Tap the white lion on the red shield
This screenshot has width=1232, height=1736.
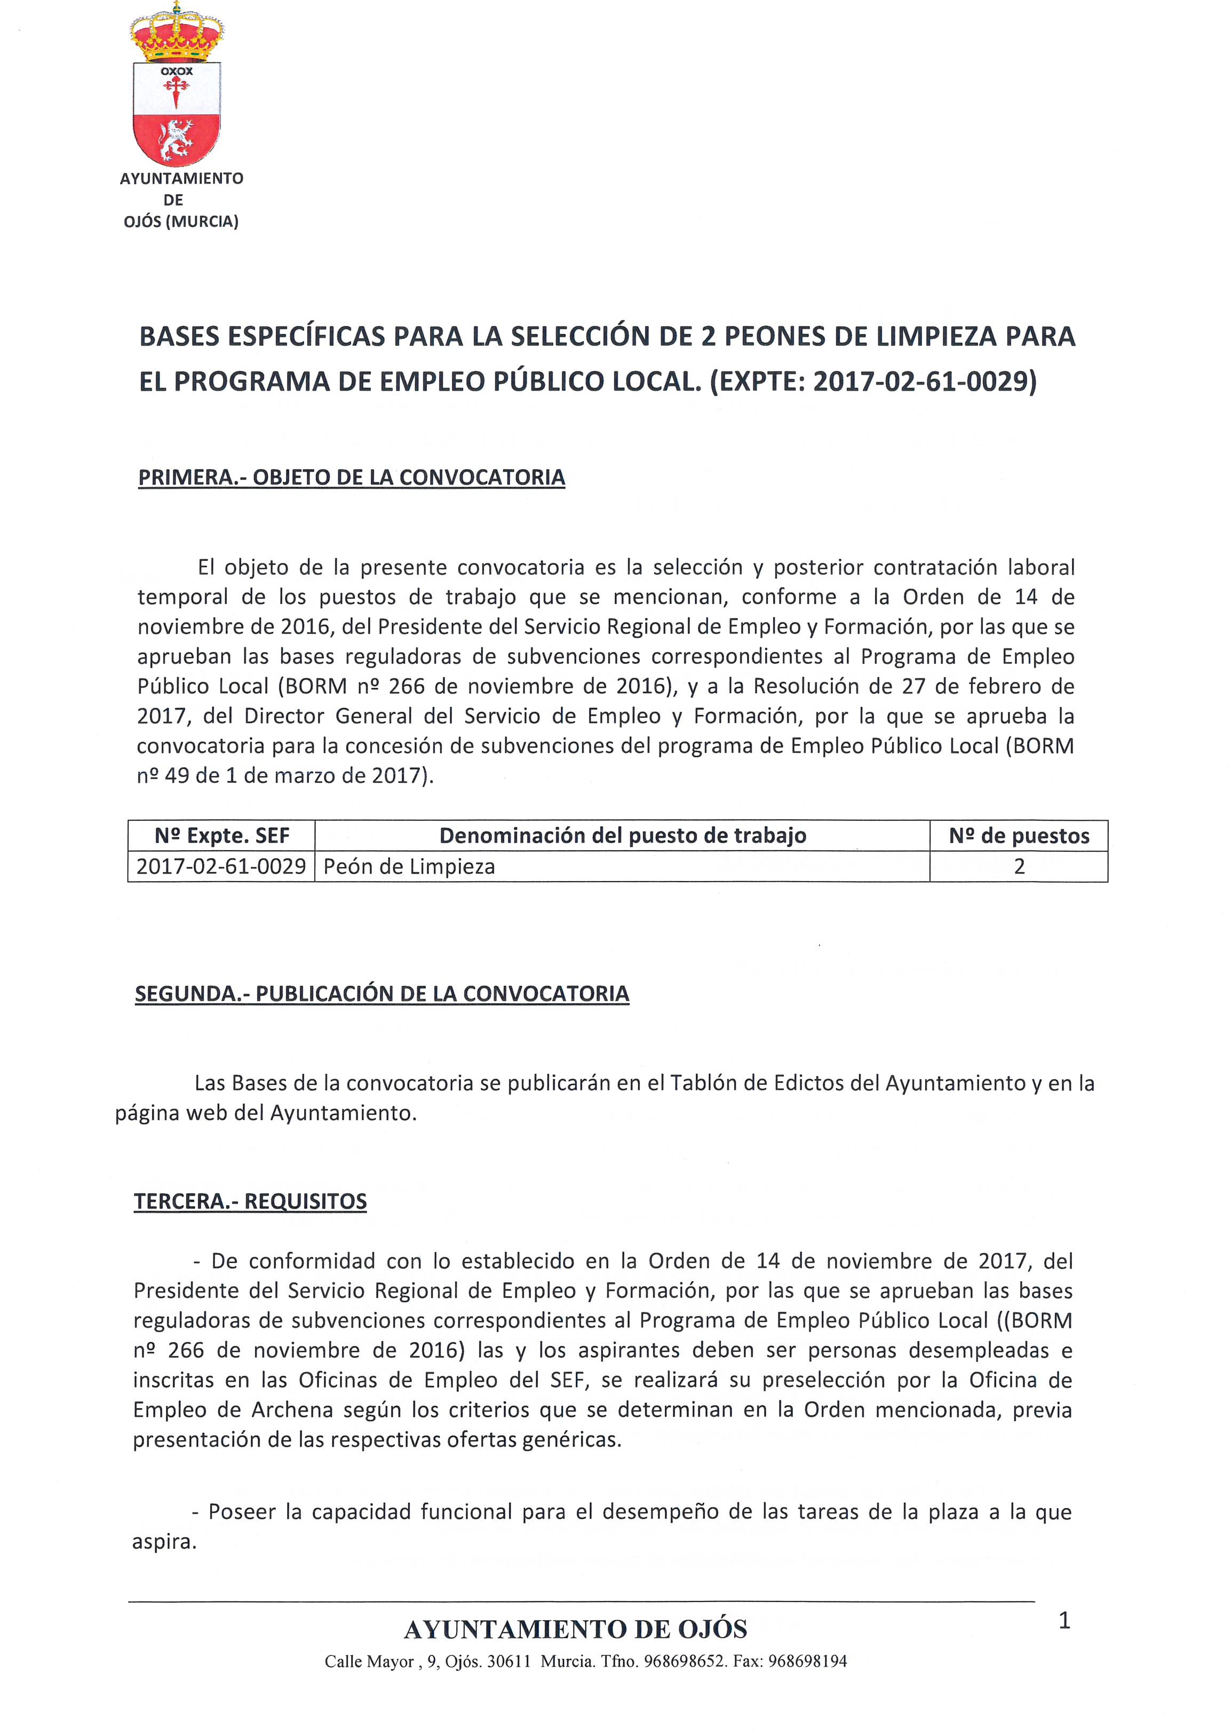coord(176,140)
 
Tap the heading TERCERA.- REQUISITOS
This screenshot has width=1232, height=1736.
coord(250,1201)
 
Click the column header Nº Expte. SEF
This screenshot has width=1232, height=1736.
coord(221,836)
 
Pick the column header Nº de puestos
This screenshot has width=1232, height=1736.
coord(1018,836)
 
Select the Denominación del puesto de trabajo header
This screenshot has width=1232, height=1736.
coord(622,836)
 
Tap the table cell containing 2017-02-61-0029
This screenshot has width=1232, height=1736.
coord(221,867)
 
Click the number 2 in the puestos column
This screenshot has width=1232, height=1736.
coord(1019,867)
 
